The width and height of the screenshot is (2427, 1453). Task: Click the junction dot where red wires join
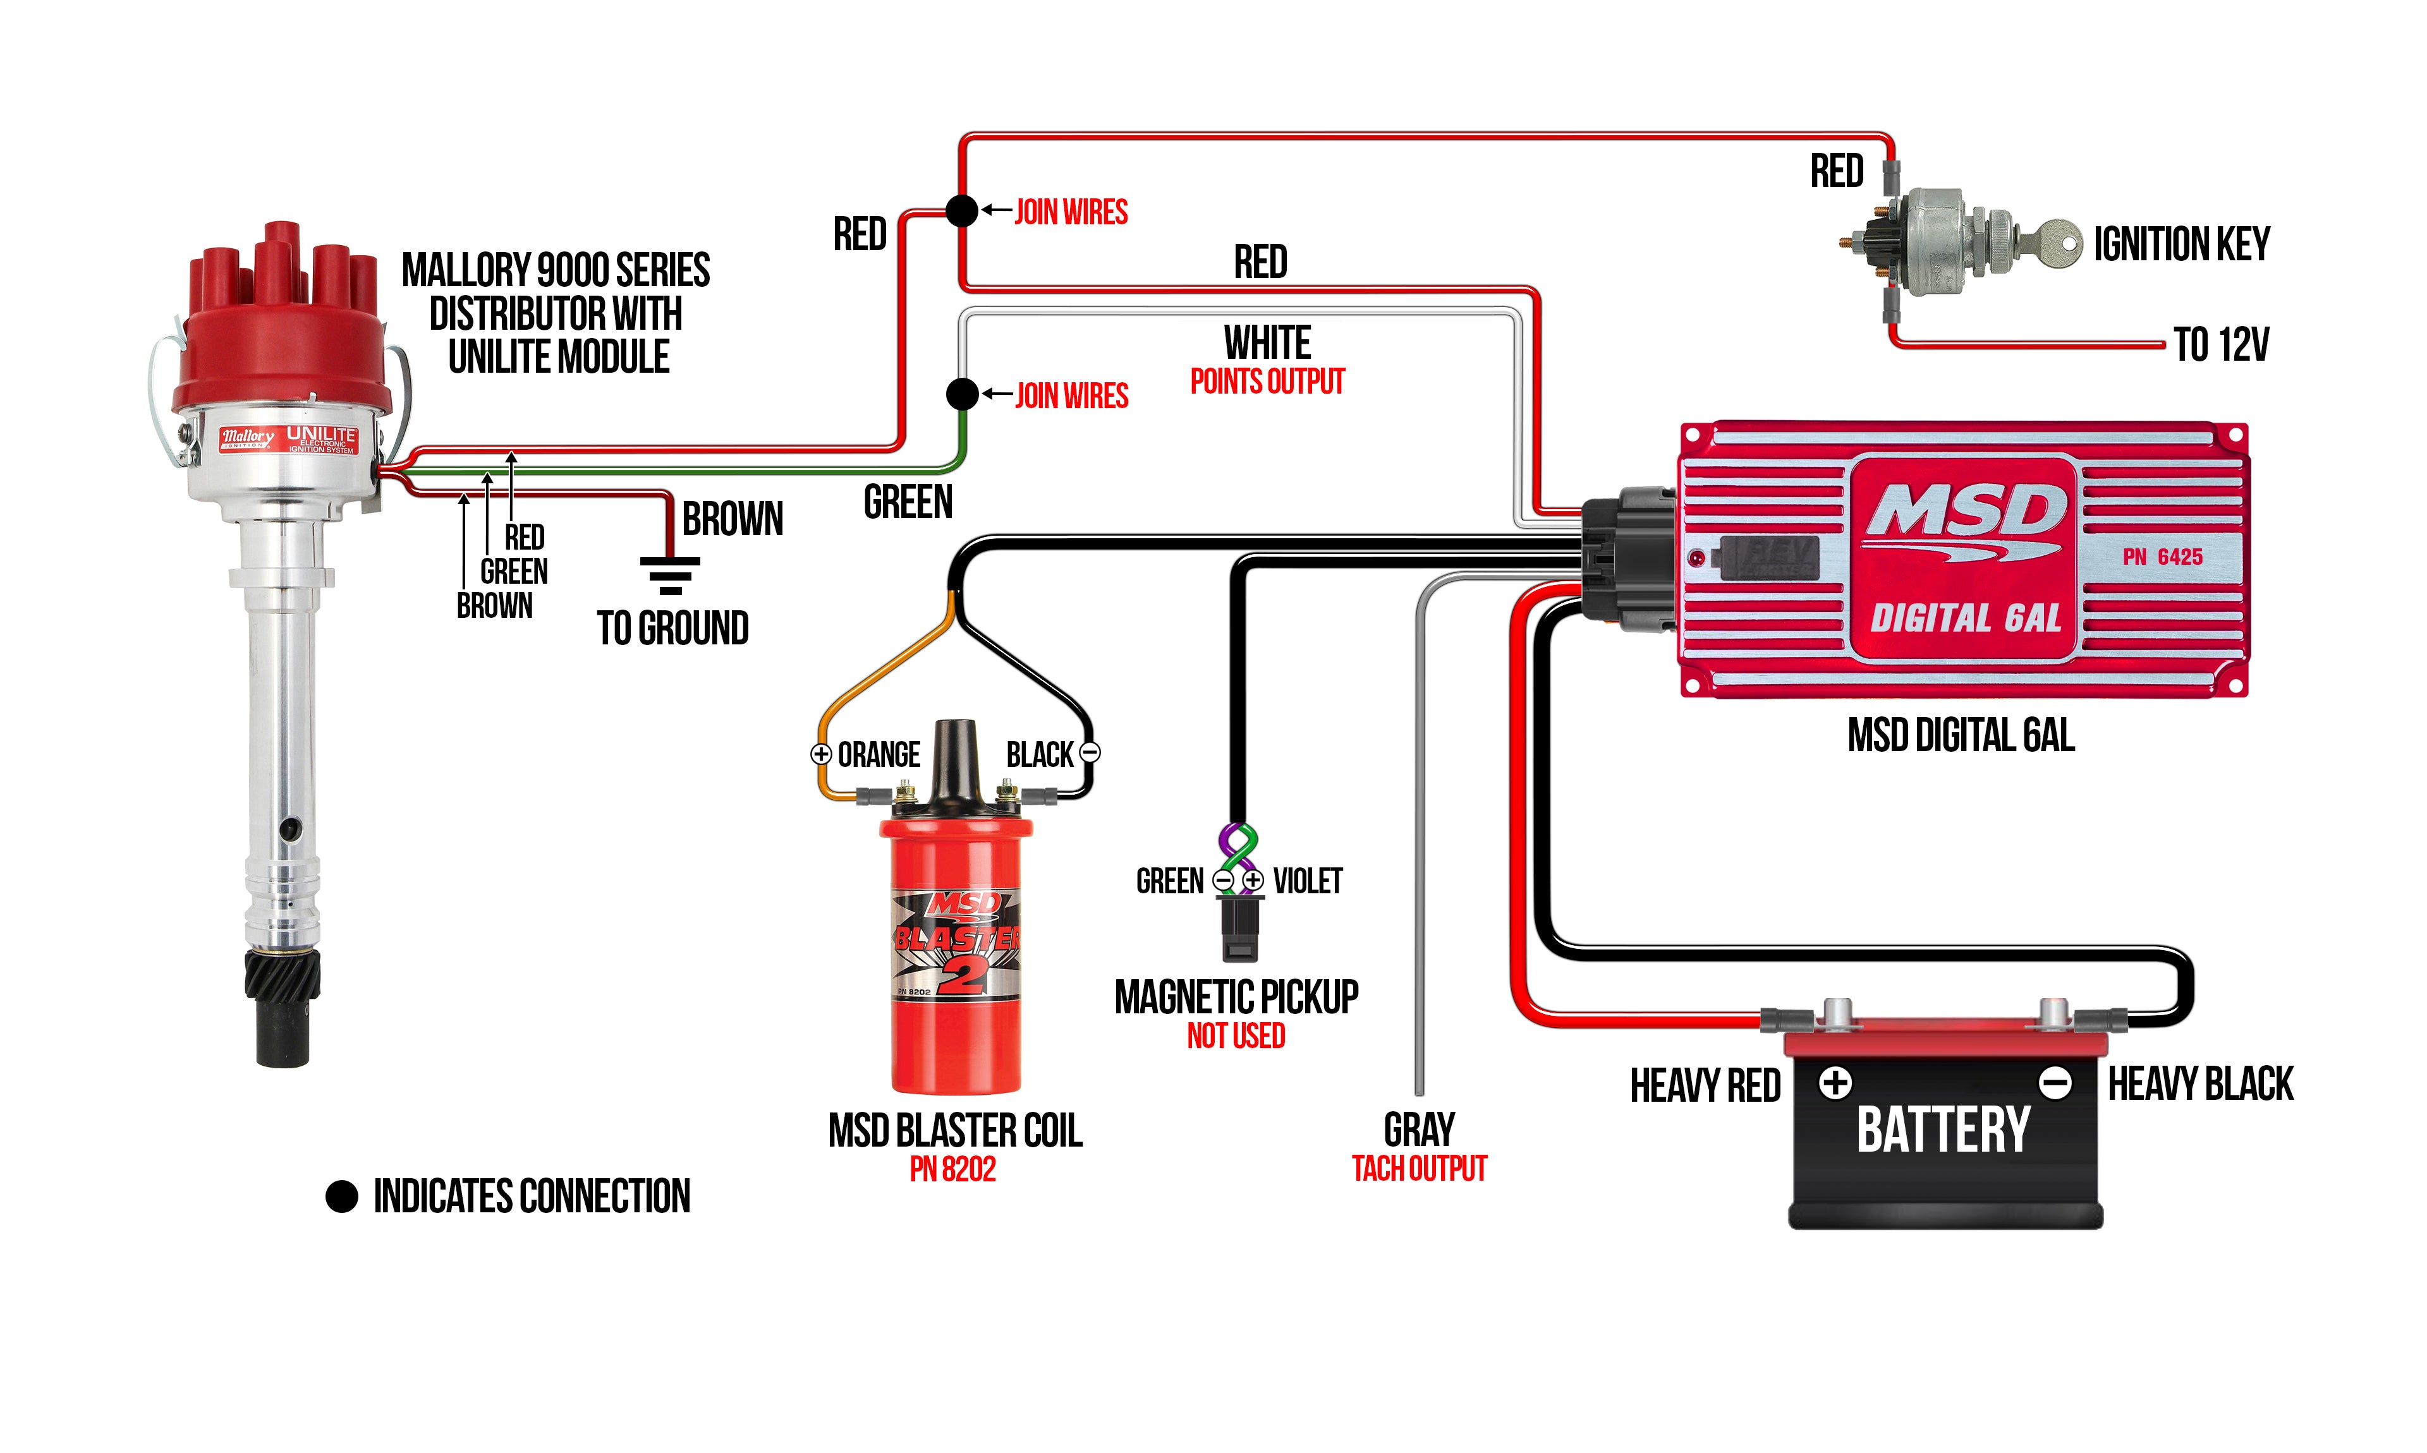[962, 210]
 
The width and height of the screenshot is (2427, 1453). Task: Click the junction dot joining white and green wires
[962, 394]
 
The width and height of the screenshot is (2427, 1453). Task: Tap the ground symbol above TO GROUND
[670, 576]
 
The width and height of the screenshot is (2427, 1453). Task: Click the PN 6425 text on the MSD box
[2163, 557]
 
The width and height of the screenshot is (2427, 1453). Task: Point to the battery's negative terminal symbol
[2054, 1083]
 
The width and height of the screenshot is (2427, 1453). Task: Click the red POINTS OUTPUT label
[1267, 381]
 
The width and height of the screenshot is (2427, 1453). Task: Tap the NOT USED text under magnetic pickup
[1236, 1036]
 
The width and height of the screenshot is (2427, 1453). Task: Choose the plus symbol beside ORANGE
[821, 754]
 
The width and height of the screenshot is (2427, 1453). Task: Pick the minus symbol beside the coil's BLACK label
[1089, 753]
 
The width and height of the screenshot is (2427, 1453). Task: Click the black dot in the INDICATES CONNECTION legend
[342, 1195]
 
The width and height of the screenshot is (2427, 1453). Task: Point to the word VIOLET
[1308, 881]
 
